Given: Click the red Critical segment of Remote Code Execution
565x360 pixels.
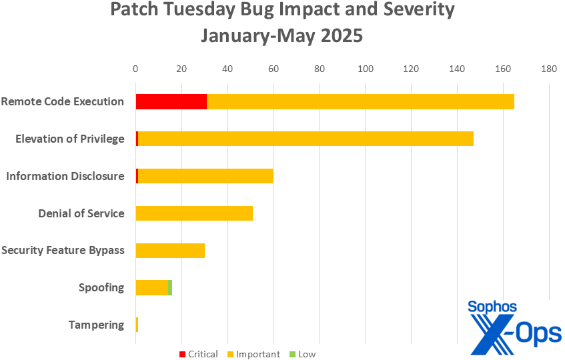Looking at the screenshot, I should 171,101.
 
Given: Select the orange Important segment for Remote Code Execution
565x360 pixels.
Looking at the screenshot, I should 360,101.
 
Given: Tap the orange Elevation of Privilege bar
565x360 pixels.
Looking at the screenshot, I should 306,139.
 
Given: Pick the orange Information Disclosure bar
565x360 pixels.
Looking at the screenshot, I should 205,176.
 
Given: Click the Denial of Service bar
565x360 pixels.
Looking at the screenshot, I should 194,213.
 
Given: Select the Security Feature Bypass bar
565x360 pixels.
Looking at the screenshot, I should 170,251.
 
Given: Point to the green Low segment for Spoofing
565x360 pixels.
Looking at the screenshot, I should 170,288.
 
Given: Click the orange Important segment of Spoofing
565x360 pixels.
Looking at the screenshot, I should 151,288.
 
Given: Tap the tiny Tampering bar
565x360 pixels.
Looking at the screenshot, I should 137,325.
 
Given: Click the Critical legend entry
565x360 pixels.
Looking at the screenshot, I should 199,354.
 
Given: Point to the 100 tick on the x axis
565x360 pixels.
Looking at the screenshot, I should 366,68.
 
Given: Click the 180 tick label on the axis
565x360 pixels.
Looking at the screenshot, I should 549,68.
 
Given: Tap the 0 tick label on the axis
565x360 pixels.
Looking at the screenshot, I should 135,68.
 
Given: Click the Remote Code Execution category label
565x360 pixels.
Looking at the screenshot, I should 63,101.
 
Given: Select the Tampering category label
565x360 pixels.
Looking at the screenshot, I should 96,325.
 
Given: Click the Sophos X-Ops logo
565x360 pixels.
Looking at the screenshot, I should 514,327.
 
